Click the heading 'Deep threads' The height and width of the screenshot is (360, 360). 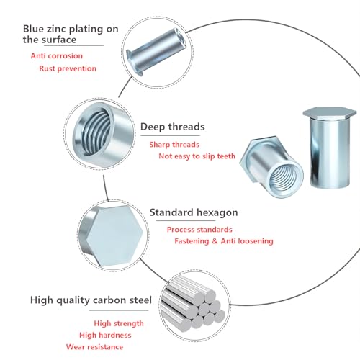pos(172,127)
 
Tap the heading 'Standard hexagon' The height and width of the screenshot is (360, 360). pos(193,213)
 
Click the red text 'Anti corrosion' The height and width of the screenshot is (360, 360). pos(56,55)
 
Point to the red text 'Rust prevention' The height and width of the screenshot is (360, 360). pos(67,68)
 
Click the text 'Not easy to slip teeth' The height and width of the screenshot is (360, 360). pos(197,156)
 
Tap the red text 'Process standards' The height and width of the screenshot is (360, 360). pos(200,229)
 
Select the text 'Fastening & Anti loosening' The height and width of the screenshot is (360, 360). pos(224,241)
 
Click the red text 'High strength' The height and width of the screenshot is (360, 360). pos(119,323)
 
